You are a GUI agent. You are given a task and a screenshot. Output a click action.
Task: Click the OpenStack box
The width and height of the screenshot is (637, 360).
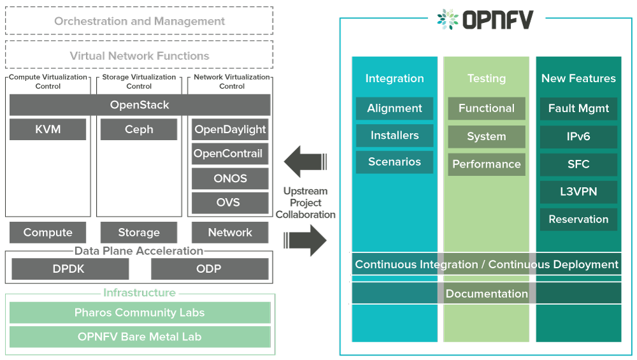pos(140,105)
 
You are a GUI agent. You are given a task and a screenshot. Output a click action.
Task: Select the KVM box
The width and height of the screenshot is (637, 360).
pos(48,129)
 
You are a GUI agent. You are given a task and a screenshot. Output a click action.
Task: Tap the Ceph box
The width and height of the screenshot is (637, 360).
pos(139,129)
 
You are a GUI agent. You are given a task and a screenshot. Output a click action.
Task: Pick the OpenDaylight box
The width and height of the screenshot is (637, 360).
pos(230,129)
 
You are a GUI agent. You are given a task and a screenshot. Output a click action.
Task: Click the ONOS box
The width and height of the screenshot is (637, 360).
pos(230,178)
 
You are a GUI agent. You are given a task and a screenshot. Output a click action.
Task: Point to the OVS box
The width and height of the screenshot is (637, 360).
pos(230,203)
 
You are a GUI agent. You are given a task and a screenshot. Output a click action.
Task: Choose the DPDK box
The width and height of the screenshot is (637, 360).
pos(70,269)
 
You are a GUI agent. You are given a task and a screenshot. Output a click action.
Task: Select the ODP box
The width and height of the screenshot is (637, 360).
pos(210,269)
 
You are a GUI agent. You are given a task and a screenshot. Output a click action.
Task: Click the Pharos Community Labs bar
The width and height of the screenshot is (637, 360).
pos(140,312)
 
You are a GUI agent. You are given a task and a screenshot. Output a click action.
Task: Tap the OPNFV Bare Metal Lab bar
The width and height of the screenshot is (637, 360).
pos(140,337)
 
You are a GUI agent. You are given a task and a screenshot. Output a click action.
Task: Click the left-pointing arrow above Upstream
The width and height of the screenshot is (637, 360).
pos(305,161)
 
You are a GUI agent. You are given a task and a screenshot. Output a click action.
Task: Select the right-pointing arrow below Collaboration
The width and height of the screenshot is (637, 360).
pos(305,240)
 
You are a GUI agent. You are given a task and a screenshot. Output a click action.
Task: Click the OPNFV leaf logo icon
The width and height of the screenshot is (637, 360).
pos(448,19)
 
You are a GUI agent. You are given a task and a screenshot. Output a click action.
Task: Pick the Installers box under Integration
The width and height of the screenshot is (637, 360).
pos(394,135)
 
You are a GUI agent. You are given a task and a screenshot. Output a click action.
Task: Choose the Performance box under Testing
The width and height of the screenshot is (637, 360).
pos(487,164)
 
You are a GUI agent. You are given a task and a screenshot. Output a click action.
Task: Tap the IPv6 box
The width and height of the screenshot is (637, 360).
pos(578,136)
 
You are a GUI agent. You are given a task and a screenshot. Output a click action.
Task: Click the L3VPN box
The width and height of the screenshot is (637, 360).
pos(578,192)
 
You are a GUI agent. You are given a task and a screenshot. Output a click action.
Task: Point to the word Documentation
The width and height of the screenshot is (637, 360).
pos(487,293)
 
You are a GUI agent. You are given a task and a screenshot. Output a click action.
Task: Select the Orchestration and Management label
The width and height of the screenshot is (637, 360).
pos(140,21)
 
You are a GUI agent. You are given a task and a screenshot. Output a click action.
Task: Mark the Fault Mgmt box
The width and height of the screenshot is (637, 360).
pos(578,108)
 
